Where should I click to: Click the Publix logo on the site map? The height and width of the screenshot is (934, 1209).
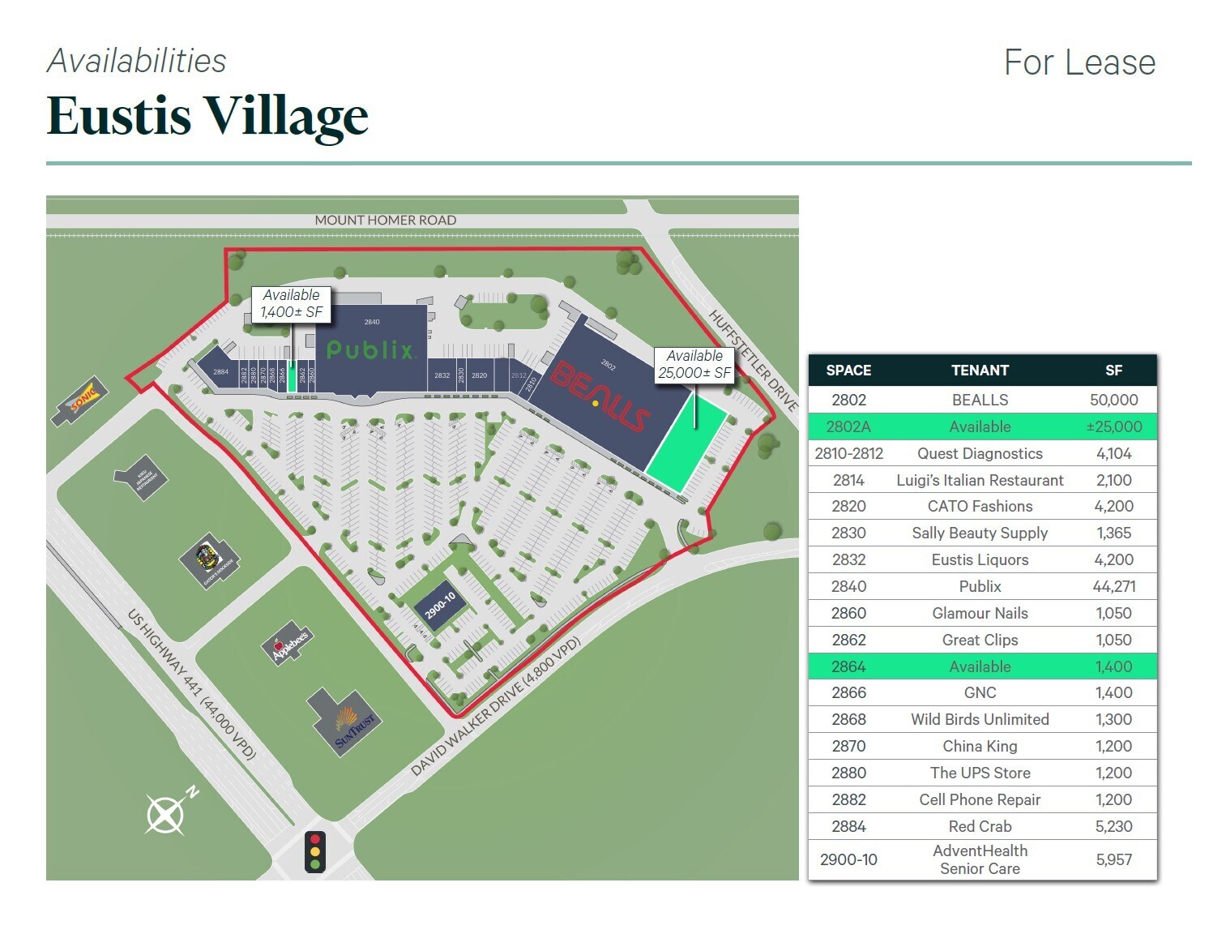[x=371, y=349]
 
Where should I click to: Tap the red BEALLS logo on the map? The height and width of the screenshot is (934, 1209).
[x=600, y=396]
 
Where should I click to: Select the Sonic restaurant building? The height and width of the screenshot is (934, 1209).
[x=81, y=399]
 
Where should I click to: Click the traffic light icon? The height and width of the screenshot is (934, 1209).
[x=315, y=851]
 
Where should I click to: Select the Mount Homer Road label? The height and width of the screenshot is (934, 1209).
[x=385, y=220]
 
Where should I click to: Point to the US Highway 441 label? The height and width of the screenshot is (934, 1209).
[x=192, y=685]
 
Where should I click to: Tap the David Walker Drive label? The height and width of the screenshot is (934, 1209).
[x=495, y=708]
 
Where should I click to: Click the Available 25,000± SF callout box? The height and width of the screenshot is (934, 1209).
[x=694, y=365]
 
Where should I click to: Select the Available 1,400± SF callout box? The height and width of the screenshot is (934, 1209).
[x=291, y=304]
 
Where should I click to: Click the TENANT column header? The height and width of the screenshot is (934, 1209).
[x=979, y=371]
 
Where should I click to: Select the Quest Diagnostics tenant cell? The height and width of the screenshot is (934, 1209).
[x=979, y=453]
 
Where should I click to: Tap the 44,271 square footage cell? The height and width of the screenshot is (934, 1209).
[x=1113, y=586]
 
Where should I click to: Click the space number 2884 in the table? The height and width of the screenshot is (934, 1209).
[x=848, y=826]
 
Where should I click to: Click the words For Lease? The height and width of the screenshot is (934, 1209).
[x=1079, y=62]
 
